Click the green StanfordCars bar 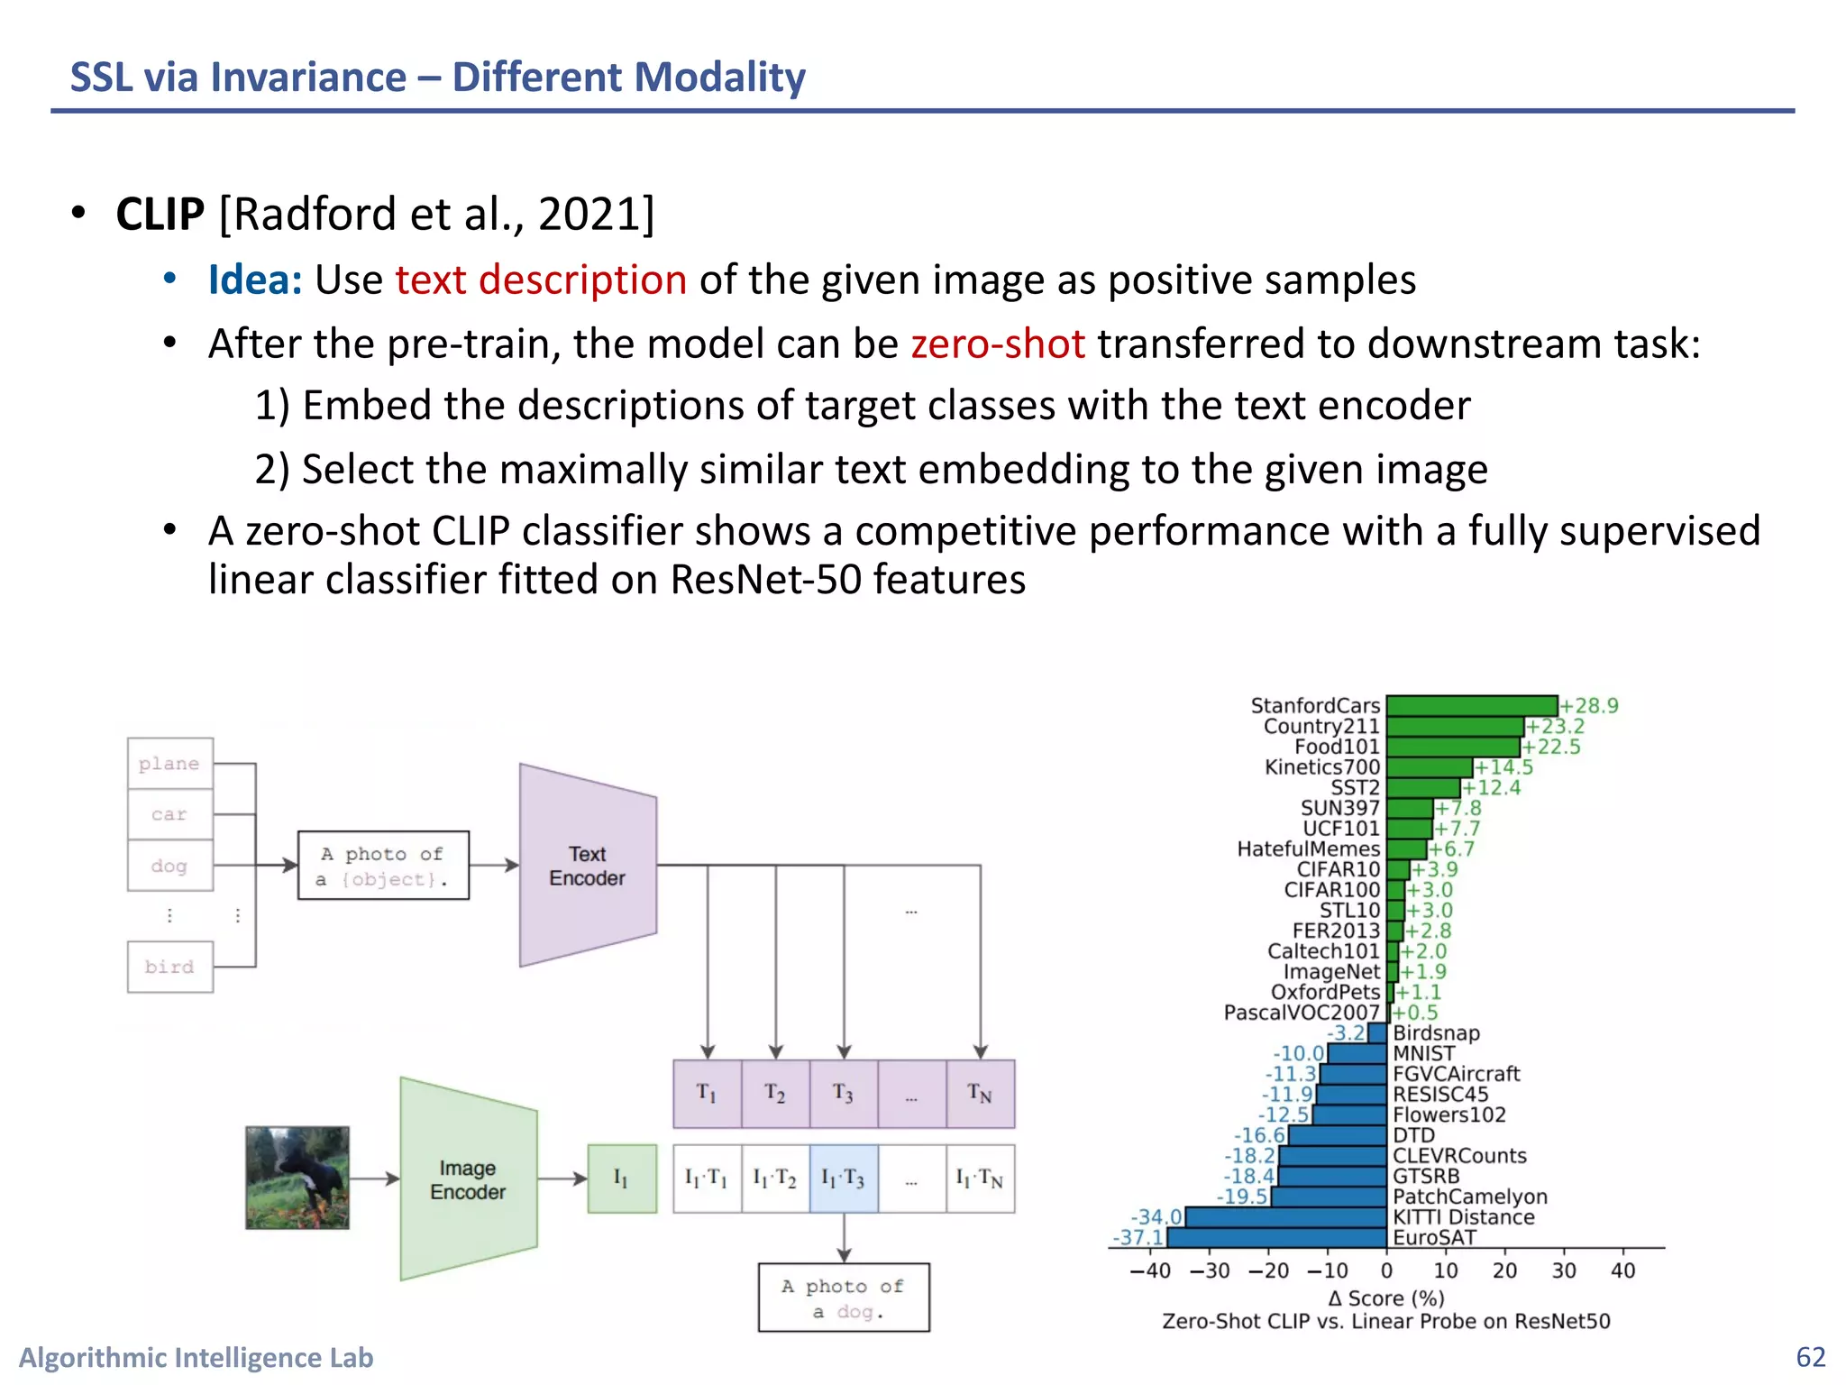click(x=1471, y=706)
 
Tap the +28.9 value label click(x=1590, y=706)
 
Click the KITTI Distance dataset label click(x=1463, y=1217)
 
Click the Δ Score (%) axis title click(x=1386, y=1298)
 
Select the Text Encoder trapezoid click(x=588, y=866)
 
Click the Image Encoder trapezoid click(x=468, y=1179)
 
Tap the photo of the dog click(x=297, y=1178)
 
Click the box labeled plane click(x=169, y=764)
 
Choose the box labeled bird click(x=169, y=967)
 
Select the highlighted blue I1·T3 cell click(x=844, y=1179)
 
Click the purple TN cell click(x=980, y=1094)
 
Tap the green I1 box click(x=621, y=1179)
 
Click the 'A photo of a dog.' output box click(x=844, y=1298)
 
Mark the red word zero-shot click(x=998, y=344)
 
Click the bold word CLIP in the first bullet click(x=160, y=215)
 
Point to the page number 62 click(x=1810, y=1357)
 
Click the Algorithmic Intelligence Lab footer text click(x=196, y=1357)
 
